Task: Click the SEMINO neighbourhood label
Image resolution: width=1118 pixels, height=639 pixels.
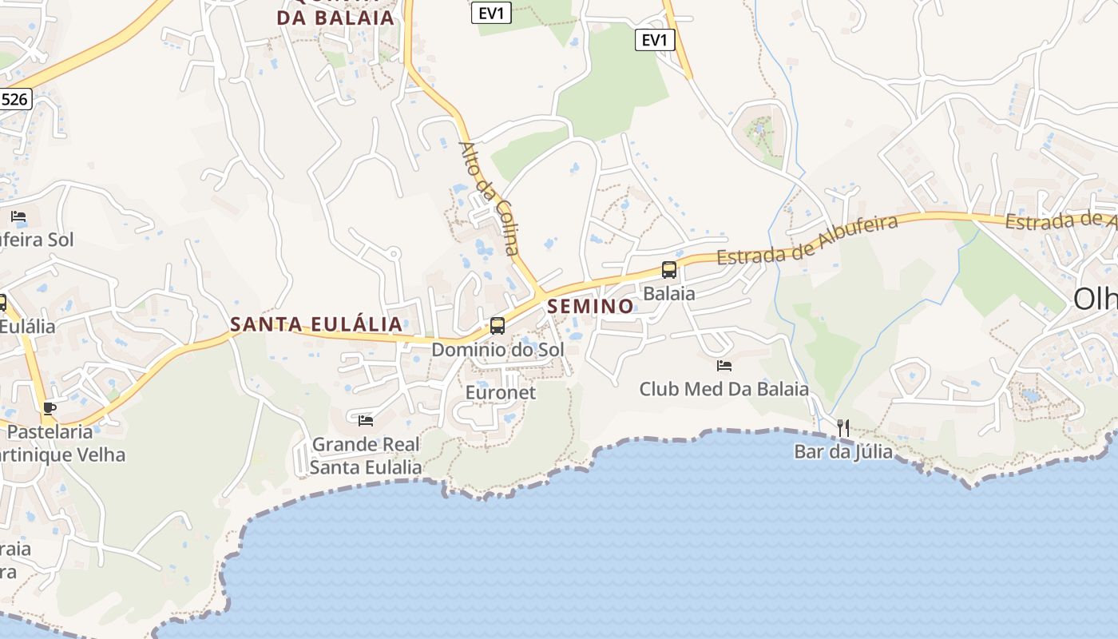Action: tap(590, 306)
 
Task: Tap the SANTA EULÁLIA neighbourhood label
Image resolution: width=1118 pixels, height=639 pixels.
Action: tap(316, 324)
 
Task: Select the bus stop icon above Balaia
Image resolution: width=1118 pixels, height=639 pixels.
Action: tap(669, 270)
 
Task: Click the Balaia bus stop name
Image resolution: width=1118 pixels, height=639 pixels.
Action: tap(669, 293)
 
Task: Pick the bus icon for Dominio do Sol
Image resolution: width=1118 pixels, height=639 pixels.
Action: tap(498, 326)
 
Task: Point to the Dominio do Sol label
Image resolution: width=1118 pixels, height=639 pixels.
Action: tap(498, 350)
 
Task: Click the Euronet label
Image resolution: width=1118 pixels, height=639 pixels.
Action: tap(501, 393)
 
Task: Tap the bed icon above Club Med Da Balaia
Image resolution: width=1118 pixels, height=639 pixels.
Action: tap(724, 366)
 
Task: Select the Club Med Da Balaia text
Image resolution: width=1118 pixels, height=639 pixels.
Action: tap(724, 389)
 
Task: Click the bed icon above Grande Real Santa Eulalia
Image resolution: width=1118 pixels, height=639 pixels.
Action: tap(366, 420)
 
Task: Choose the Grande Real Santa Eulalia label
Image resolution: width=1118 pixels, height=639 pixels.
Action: tap(366, 456)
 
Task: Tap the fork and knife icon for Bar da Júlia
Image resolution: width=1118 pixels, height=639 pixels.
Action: tap(843, 428)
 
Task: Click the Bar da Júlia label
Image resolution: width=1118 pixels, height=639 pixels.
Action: tap(843, 452)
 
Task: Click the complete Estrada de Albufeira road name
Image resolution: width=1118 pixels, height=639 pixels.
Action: tap(807, 240)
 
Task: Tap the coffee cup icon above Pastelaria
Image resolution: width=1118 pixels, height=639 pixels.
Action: tap(50, 408)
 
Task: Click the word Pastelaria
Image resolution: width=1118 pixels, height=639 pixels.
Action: tap(50, 432)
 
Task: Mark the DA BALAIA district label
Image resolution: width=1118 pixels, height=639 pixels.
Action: tap(336, 18)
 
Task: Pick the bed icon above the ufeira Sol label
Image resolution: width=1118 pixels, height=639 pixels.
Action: tap(18, 216)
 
